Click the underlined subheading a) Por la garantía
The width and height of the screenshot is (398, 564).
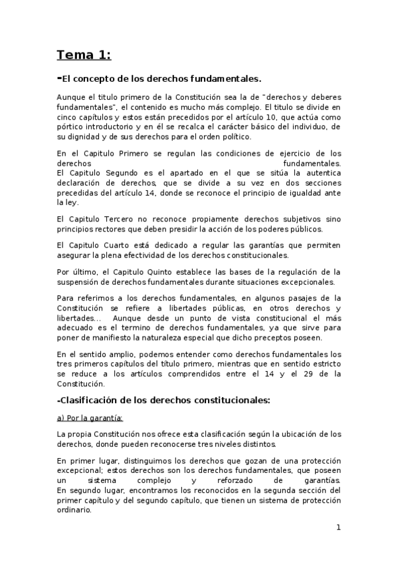(x=90, y=418)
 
